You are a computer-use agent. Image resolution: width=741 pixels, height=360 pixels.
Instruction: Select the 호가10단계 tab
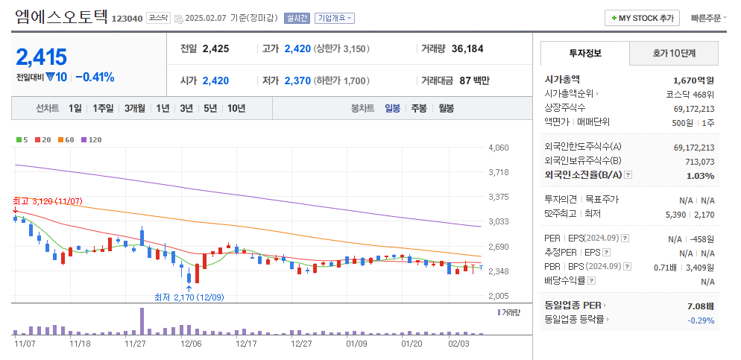click(x=674, y=54)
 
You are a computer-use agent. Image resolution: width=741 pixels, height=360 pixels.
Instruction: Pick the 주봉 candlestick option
click(x=419, y=108)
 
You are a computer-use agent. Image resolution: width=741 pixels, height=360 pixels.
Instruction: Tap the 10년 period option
click(x=236, y=108)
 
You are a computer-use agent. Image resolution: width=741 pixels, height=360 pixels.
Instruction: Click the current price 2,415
click(x=42, y=57)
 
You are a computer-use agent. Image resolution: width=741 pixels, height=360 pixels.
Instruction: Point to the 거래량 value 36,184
click(x=467, y=48)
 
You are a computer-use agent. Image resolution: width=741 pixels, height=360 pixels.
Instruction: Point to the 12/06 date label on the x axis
click(x=191, y=344)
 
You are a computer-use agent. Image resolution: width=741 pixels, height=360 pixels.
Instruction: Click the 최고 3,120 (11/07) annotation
click(x=48, y=201)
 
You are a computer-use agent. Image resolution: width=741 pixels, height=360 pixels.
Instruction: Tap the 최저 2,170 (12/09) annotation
click(x=189, y=297)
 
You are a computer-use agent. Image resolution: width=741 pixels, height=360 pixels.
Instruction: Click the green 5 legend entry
click(x=22, y=139)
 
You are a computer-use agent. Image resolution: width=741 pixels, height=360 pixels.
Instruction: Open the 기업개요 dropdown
click(x=335, y=18)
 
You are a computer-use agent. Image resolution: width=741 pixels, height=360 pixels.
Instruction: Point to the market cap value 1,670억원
click(x=693, y=80)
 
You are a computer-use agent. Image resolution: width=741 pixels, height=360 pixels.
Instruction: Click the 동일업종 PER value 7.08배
click(x=700, y=306)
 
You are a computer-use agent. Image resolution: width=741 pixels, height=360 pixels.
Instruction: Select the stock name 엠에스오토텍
click(x=60, y=16)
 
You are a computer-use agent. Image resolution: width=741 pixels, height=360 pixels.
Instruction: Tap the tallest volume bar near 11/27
click(x=141, y=321)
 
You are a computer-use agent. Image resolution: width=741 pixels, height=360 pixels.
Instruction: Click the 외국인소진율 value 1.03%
click(x=700, y=175)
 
